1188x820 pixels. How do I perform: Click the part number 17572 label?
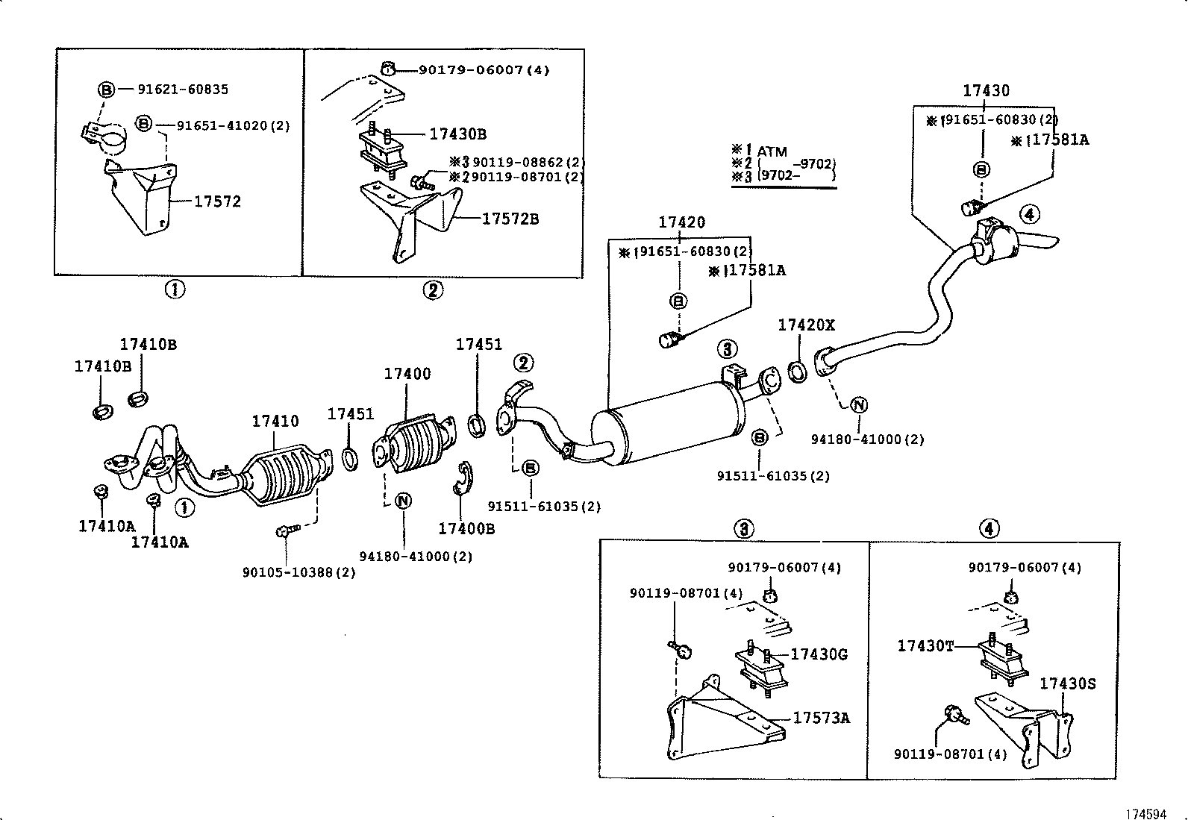(x=217, y=201)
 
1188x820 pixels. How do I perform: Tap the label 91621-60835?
(x=183, y=90)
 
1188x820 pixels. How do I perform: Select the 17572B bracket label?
(x=510, y=219)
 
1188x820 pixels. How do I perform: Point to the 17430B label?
(x=457, y=134)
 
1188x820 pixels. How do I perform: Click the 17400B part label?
(x=466, y=529)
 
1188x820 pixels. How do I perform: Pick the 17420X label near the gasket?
(x=807, y=325)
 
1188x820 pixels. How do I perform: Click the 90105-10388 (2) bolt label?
(x=298, y=572)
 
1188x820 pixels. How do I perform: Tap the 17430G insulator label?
(x=819, y=654)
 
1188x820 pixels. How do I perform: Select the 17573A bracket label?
(x=821, y=718)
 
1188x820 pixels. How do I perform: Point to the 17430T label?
(x=925, y=646)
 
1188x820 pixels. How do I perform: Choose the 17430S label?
(x=1068, y=683)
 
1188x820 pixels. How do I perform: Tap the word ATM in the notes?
(x=772, y=152)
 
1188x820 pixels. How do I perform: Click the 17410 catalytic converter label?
(x=275, y=421)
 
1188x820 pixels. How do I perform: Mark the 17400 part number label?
(x=407, y=374)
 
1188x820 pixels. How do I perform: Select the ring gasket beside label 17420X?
(x=797, y=372)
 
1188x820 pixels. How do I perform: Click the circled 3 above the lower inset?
(x=743, y=528)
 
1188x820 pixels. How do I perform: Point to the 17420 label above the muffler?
(x=681, y=222)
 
